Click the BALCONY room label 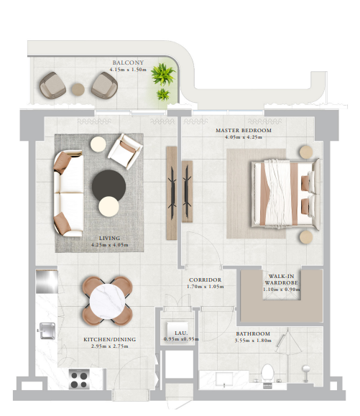click(128, 63)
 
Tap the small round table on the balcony click(78, 89)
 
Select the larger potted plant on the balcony click(162, 74)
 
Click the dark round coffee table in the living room click(109, 185)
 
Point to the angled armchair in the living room click(125, 151)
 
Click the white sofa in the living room click(68, 193)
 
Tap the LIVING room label click(109, 239)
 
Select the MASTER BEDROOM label click(244, 131)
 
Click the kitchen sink click(47, 331)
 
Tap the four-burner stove click(79, 379)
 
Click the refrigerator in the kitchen click(47, 282)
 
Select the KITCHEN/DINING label click(109, 340)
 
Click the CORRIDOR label click(205, 280)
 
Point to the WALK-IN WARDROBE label click(281, 279)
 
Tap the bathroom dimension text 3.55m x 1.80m click(253, 341)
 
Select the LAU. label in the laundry click(181, 333)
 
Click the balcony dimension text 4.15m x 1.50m click(128, 70)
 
